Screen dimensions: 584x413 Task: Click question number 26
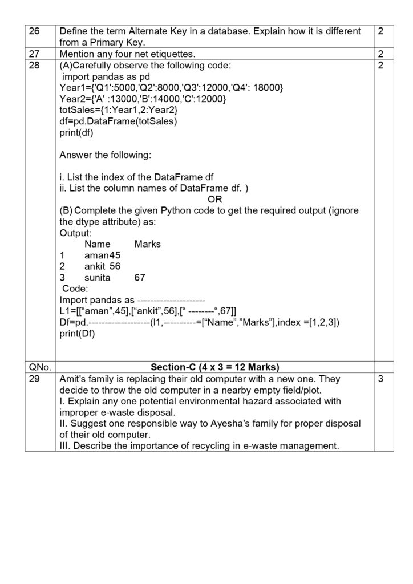[35, 31]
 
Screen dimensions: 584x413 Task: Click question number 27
[35, 54]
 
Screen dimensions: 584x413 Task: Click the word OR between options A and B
[214, 200]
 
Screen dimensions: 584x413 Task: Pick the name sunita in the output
[98, 278]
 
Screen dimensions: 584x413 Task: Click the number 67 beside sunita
[140, 278]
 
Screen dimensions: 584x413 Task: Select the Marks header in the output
[147, 244]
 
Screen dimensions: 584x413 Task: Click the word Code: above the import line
[75, 289]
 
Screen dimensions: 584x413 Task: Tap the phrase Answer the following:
[106, 155]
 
